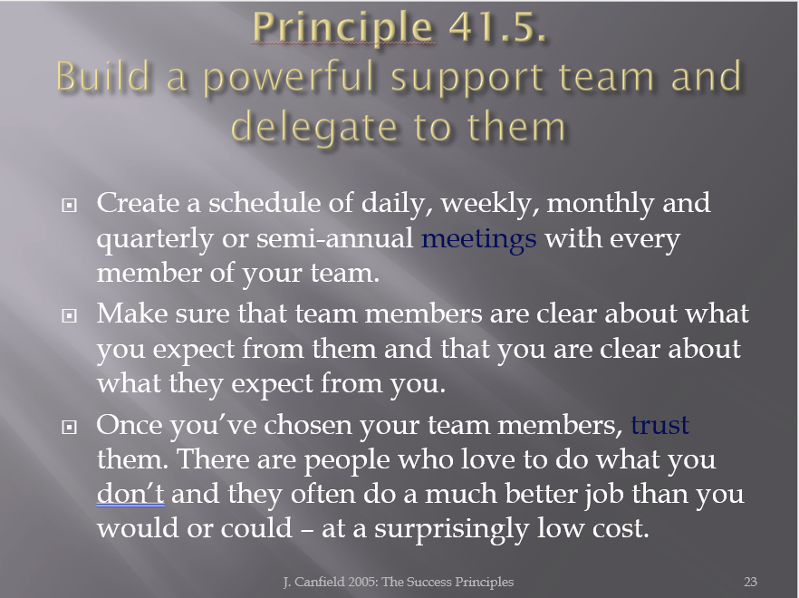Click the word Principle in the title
click(342, 27)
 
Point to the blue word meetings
click(478, 239)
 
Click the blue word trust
click(659, 425)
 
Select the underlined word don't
click(130, 493)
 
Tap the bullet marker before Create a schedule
click(69, 205)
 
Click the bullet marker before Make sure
click(69, 316)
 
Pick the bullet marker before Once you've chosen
click(69, 427)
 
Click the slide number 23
click(750, 582)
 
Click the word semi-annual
click(334, 238)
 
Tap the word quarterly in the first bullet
click(155, 239)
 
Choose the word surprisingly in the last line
click(451, 529)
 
